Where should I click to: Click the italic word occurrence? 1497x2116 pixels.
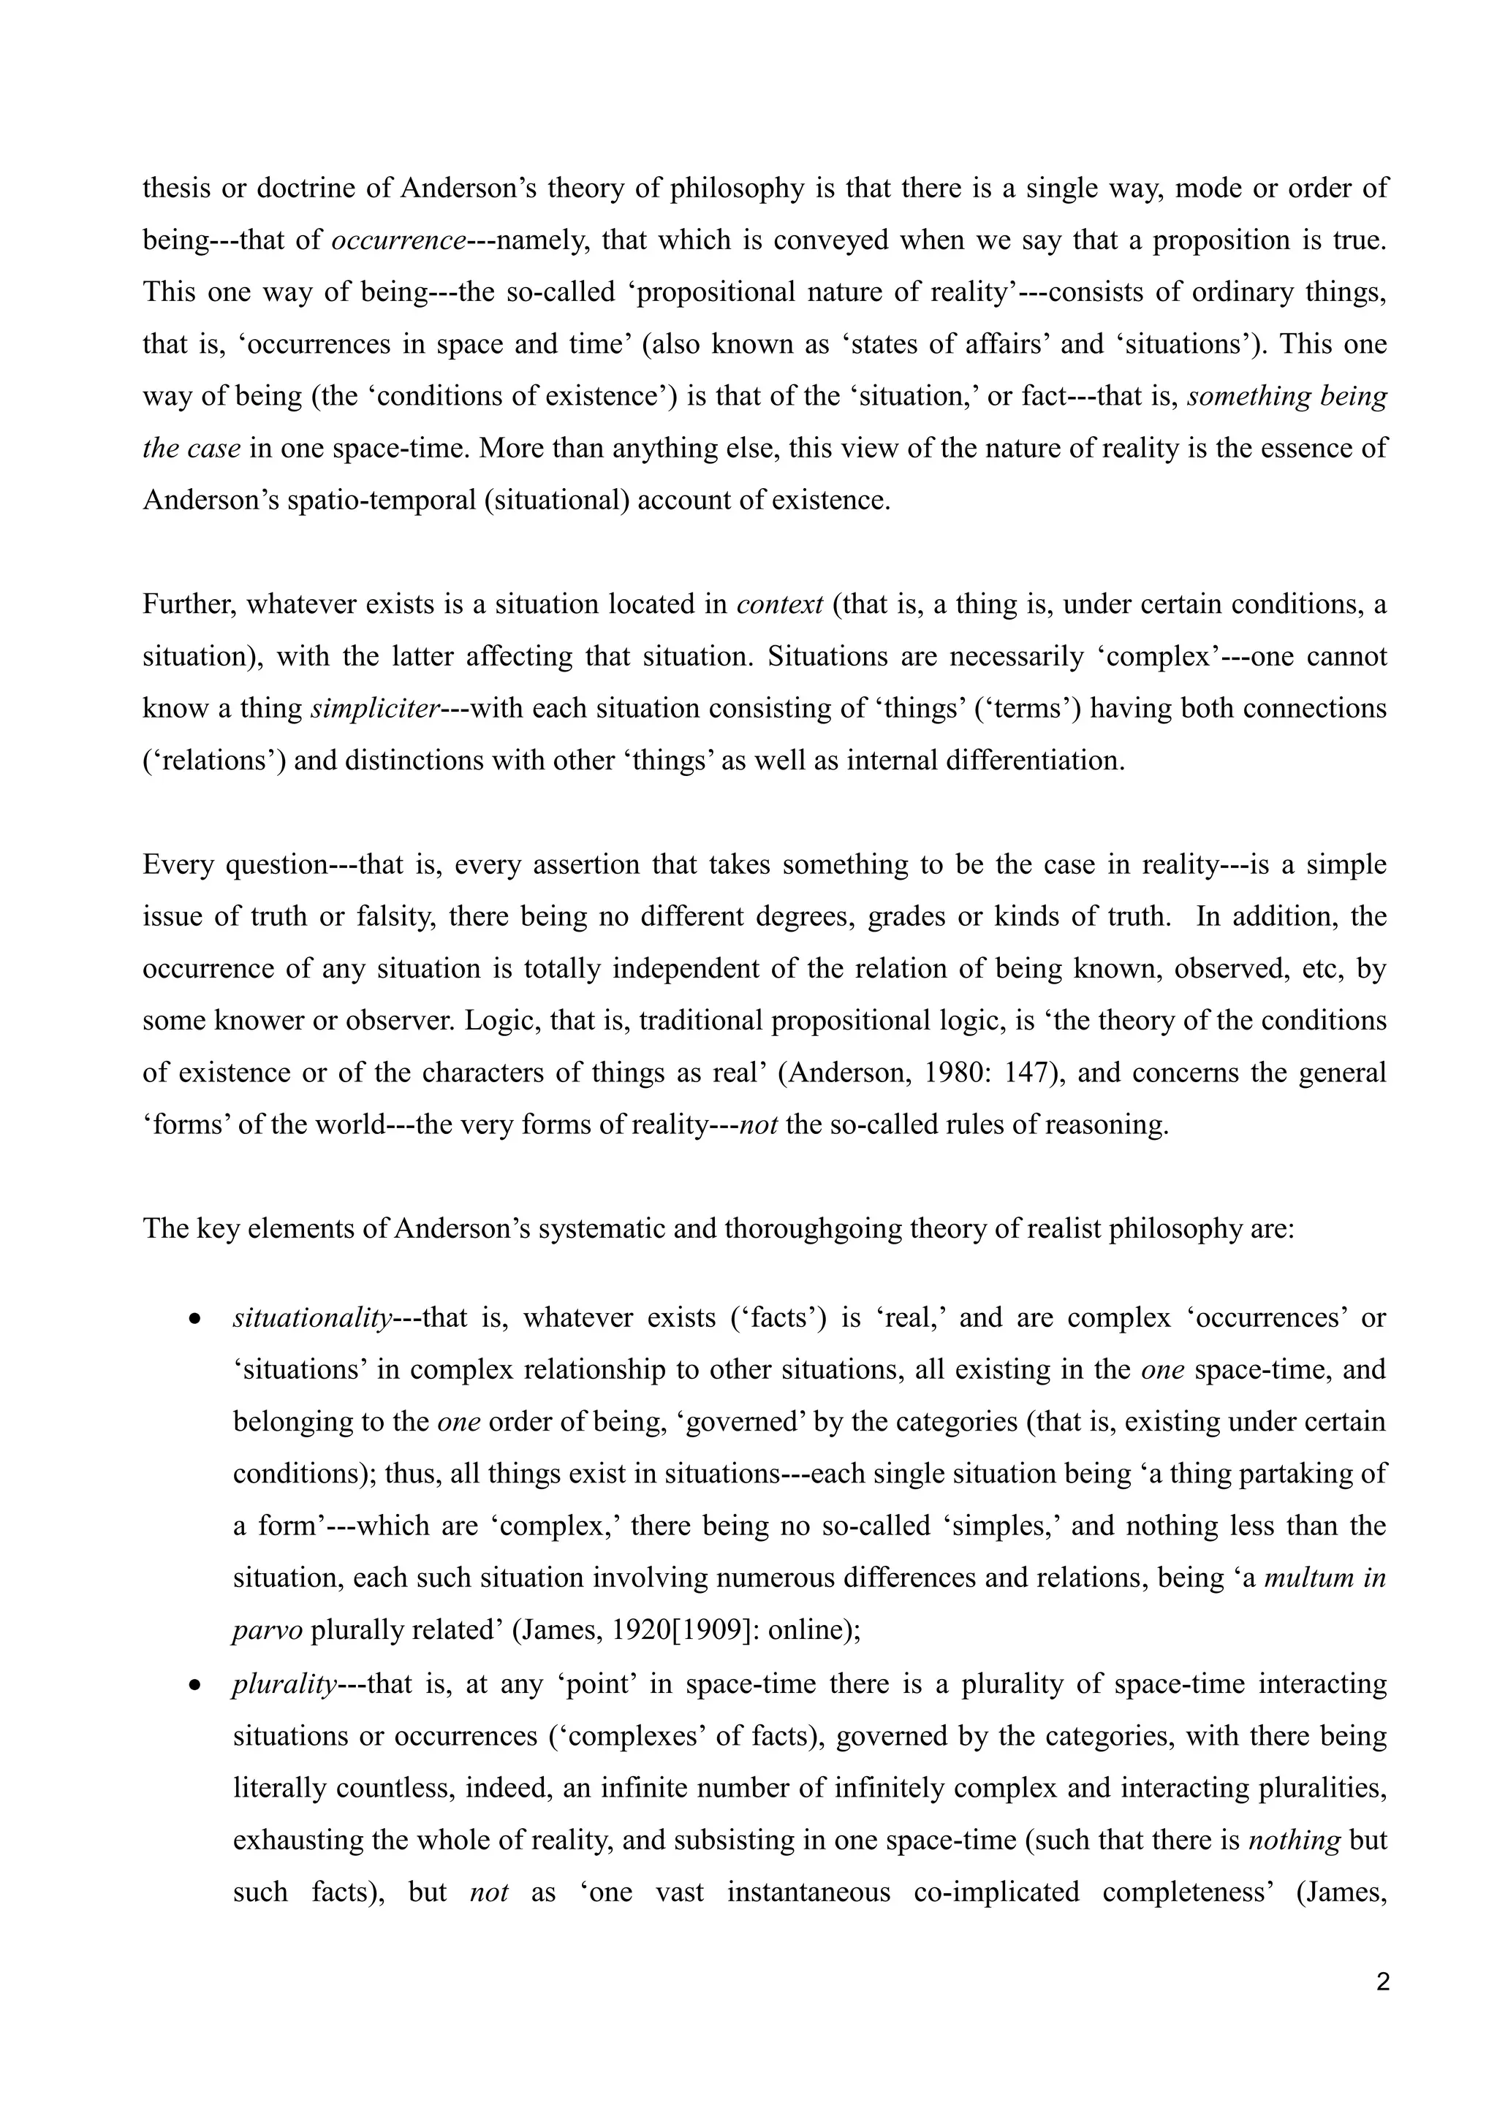(398, 240)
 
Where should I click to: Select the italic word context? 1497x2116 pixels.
(780, 604)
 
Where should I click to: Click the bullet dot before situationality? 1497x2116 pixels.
(194, 1320)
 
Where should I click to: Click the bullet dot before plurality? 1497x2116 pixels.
(194, 1686)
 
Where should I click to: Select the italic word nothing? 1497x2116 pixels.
(1293, 1841)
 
